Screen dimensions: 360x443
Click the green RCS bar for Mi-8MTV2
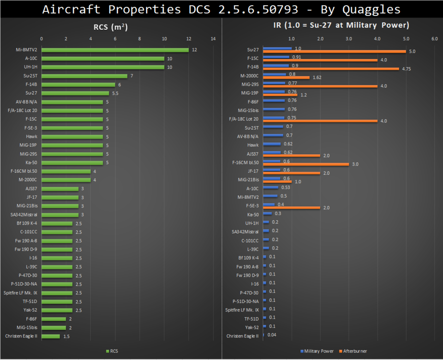(x=115, y=50)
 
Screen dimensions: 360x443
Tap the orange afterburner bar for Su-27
(x=335, y=51)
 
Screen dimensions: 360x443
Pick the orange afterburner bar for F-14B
(x=331, y=69)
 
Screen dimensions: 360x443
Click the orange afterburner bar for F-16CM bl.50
(x=306, y=164)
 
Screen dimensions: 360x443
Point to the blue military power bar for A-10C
(x=270, y=188)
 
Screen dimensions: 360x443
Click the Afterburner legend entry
(x=353, y=351)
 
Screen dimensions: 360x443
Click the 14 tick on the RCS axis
(x=213, y=39)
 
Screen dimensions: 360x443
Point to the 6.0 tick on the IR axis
(x=434, y=39)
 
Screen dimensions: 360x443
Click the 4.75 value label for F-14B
(x=407, y=69)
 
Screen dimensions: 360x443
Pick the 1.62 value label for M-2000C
(x=317, y=77)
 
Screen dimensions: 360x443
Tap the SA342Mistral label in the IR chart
(x=245, y=231)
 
